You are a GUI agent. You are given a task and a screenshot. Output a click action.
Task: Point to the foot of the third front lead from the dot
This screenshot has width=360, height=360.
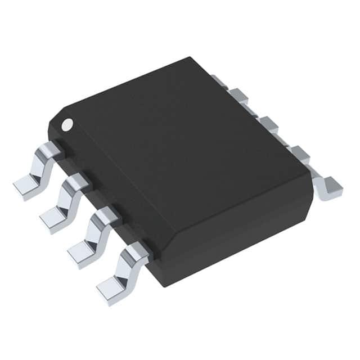(82, 250)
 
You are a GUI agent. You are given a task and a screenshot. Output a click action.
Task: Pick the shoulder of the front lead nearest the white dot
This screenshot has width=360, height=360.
(51, 149)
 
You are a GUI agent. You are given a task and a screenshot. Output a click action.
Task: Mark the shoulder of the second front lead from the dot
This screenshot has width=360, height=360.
(79, 181)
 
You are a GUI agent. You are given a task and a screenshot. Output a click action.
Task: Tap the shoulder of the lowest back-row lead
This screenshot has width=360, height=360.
(298, 152)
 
